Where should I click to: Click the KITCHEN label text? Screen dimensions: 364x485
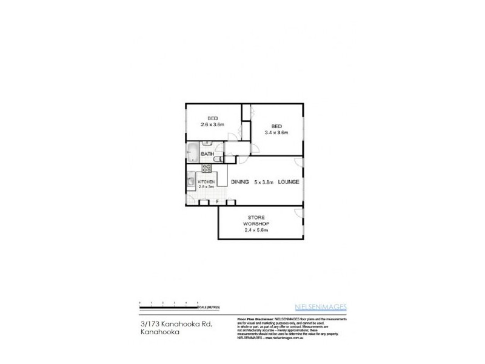pyautogui.click(x=206, y=181)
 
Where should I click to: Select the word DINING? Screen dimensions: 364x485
pyautogui.click(x=241, y=182)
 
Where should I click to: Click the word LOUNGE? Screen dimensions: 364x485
pyautogui.click(x=289, y=182)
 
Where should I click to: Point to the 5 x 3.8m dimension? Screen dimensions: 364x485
pyautogui.click(x=264, y=182)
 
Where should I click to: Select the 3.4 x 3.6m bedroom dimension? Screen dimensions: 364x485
pyautogui.click(x=276, y=133)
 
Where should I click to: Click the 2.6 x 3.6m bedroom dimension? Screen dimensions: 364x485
pyautogui.click(x=213, y=125)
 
